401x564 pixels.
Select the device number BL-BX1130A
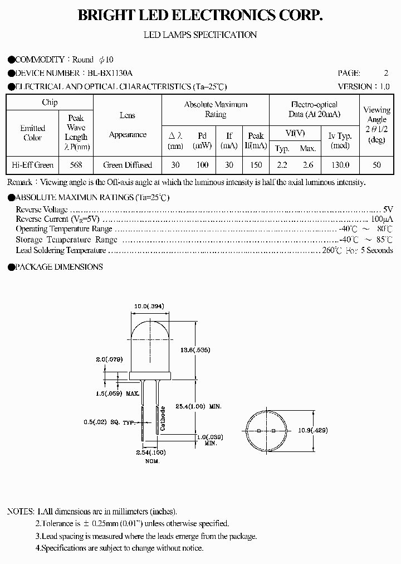110,73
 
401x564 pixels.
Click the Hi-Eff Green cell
32,165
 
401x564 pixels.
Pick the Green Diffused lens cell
128,165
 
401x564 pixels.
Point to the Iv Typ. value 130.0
340,165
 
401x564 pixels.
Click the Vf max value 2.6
307,165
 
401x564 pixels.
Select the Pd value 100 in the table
202,165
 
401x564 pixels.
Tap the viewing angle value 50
376,165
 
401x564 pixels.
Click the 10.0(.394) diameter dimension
149,306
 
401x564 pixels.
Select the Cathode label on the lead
163,419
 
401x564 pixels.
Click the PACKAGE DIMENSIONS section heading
58,267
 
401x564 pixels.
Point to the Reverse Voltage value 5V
388,209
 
